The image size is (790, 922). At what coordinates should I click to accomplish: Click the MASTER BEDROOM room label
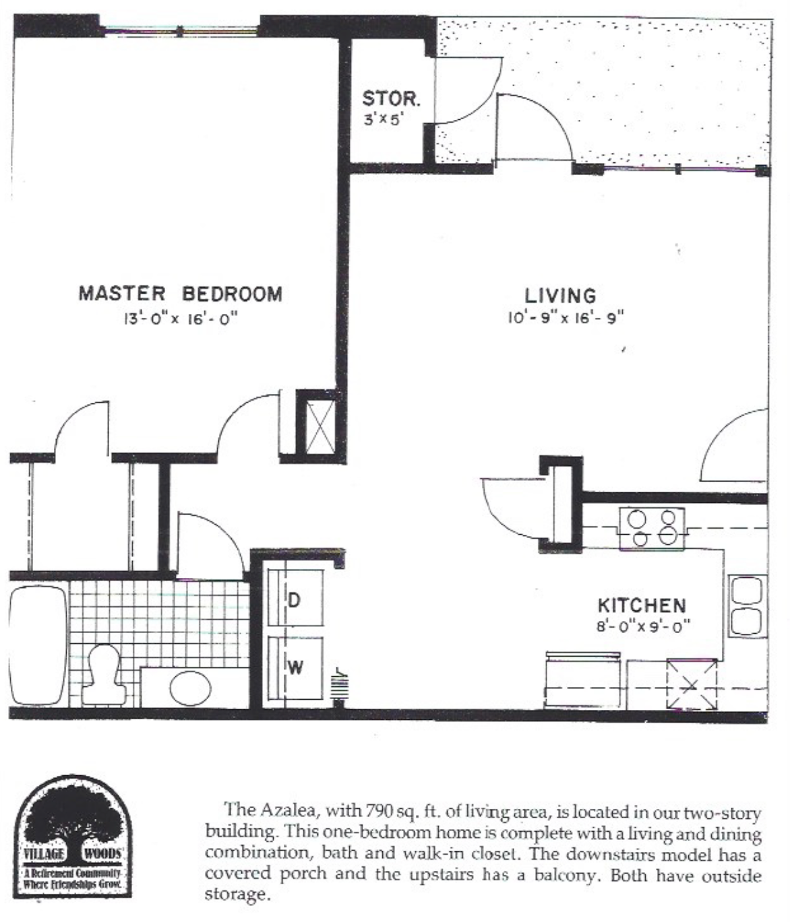(181, 294)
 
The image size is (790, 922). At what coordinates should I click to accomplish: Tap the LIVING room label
(560, 296)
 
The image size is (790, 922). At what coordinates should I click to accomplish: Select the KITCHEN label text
(642, 605)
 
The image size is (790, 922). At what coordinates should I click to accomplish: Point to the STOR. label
(391, 98)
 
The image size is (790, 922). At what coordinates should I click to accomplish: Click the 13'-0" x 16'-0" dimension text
(181, 319)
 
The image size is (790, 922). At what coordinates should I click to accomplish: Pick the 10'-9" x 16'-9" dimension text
(566, 318)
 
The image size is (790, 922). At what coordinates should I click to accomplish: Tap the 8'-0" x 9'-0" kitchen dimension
(644, 626)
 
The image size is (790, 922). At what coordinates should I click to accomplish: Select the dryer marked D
(295, 597)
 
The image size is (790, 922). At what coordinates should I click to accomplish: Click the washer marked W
(295, 668)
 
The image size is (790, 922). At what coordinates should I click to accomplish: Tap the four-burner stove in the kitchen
(652, 529)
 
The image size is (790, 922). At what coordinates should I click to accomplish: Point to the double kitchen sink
(748, 605)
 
